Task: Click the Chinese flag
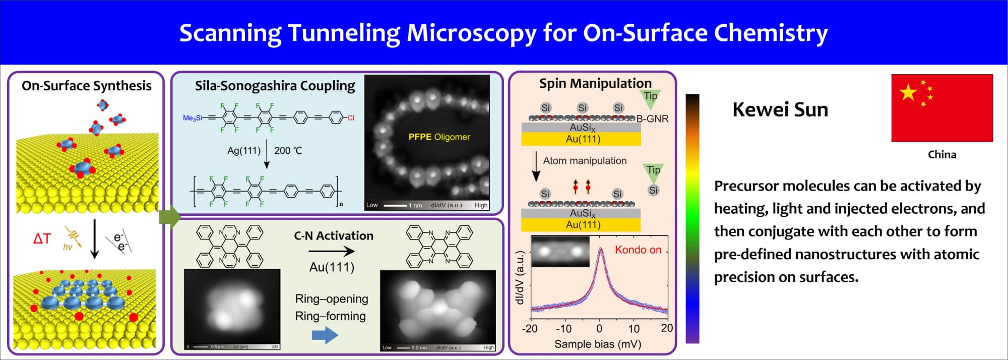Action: pos(941,108)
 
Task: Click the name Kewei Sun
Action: pos(780,110)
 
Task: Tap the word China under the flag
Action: pos(941,155)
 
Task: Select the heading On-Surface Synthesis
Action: pos(86,86)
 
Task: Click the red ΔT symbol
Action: pos(42,238)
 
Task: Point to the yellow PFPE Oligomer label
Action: pos(439,137)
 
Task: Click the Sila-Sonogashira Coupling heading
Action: pos(275,86)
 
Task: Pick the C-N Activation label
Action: pos(334,236)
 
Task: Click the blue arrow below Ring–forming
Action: pos(325,335)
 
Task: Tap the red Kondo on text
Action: pos(638,250)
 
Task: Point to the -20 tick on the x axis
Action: pos(530,329)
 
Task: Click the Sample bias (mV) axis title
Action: pos(598,344)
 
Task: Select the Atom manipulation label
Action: pos(585,161)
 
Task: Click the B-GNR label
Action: pos(652,119)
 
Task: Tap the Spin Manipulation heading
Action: pos(595,83)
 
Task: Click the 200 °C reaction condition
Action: pos(288,151)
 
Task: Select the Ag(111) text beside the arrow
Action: pos(244,151)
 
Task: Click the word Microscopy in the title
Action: pos(471,33)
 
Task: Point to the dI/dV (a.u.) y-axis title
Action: pos(520,277)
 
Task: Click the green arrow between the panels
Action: pos(170,217)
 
